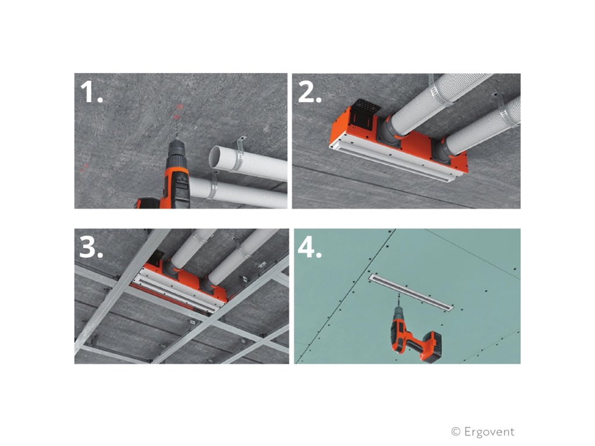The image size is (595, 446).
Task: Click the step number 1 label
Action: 91,92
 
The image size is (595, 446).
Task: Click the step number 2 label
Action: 310,92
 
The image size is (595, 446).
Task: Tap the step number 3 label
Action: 91,248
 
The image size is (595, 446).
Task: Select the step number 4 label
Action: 310,248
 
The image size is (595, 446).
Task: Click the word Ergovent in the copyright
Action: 489,431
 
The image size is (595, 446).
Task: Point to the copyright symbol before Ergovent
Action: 456,431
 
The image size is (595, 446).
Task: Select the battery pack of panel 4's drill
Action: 432,347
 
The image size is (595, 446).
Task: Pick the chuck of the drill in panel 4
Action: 399,311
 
